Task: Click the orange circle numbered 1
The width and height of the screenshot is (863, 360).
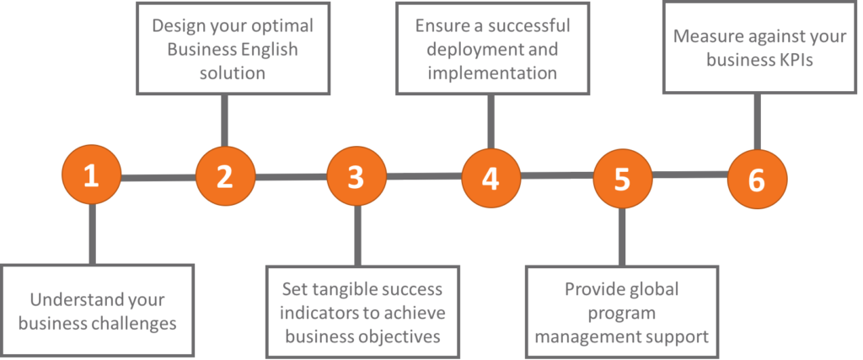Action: click(91, 177)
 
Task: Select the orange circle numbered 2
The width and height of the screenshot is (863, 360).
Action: click(224, 177)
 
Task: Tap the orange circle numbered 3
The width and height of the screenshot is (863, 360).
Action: click(356, 177)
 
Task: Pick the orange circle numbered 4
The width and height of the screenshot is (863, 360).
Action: click(490, 178)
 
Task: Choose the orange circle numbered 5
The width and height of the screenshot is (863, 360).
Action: click(622, 178)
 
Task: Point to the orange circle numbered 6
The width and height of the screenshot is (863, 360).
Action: click(756, 178)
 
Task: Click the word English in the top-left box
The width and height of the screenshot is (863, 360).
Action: click(268, 49)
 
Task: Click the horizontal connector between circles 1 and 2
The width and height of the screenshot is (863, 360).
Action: click(158, 178)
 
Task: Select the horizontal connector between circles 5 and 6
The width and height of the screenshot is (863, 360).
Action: click(689, 175)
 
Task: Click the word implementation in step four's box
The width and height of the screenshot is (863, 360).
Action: click(492, 73)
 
